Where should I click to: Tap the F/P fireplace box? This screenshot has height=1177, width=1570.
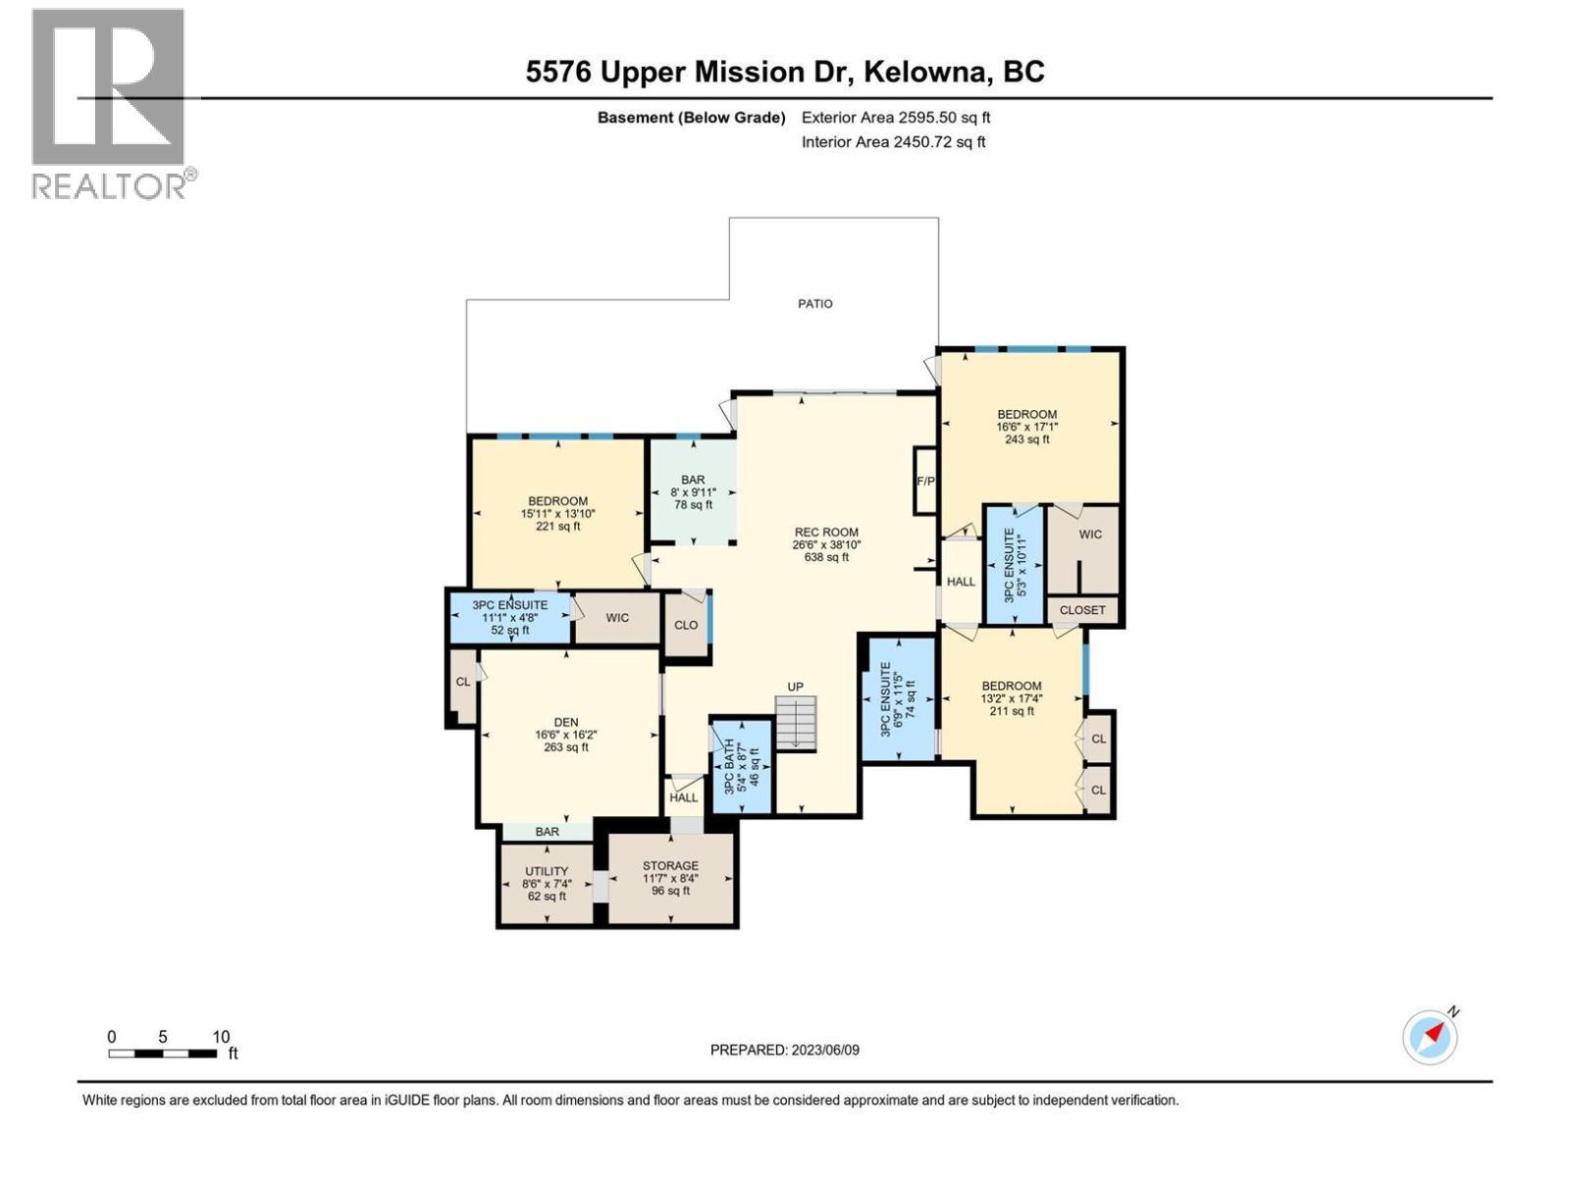[924, 481]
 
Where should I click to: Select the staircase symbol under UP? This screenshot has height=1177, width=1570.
[796, 724]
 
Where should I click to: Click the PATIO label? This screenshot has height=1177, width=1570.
[814, 304]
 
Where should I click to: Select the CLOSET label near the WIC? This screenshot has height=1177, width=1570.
[1082, 610]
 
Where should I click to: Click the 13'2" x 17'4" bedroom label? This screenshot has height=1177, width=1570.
[1011, 698]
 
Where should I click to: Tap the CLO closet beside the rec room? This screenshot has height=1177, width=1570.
[686, 625]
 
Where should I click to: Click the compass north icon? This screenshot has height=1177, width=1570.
[1431, 1037]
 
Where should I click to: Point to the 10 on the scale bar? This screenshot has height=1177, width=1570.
[221, 1037]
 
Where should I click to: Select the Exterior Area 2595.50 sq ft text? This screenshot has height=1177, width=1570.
[895, 118]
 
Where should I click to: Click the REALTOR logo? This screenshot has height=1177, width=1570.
[109, 103]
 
